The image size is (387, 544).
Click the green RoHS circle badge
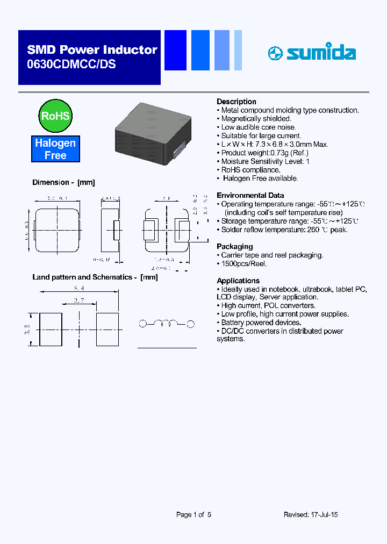55,116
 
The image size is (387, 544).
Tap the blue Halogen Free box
55,149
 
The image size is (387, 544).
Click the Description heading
236,102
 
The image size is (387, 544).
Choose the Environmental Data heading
250,195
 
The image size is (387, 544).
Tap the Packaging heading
234,247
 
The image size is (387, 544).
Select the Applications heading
238,281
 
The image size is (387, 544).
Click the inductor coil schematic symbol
167,324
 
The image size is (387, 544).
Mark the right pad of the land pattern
107,329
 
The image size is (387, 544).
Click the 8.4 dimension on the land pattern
79,289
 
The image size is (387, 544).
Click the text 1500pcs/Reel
244,264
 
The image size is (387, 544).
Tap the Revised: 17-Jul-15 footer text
311,514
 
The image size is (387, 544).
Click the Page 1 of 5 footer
193,514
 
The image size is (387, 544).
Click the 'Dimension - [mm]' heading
63,182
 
